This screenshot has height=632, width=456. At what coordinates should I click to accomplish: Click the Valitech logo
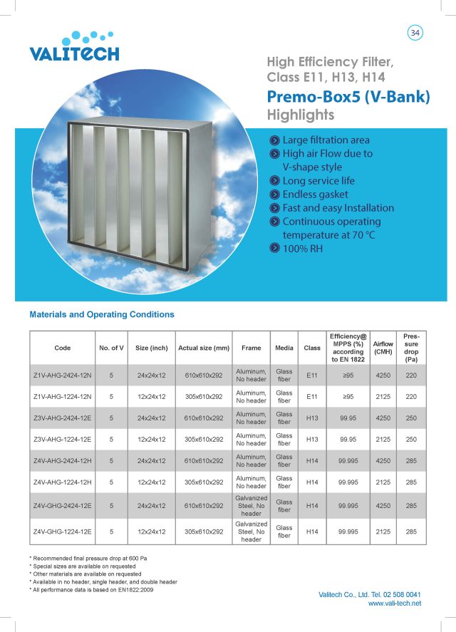74,46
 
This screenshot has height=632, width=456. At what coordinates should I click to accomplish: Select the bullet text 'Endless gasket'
315,194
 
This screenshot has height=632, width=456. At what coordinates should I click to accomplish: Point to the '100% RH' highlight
302,248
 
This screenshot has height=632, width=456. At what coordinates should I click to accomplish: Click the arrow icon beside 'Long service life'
274,180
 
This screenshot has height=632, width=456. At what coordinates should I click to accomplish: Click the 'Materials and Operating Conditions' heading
102,314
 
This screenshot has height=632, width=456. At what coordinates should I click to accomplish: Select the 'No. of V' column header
112,348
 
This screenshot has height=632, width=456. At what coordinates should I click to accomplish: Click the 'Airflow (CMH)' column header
383,348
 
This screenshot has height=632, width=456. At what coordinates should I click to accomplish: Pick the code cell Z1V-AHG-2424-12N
63,375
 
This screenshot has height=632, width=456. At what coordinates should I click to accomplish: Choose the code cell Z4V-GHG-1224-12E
63,531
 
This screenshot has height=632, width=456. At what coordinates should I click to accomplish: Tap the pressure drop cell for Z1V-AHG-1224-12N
410,396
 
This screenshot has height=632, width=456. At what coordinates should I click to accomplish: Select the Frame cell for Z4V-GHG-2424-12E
251,505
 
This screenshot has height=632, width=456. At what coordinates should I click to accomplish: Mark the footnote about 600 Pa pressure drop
93,557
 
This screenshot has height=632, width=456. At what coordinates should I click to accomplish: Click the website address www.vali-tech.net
395,603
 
